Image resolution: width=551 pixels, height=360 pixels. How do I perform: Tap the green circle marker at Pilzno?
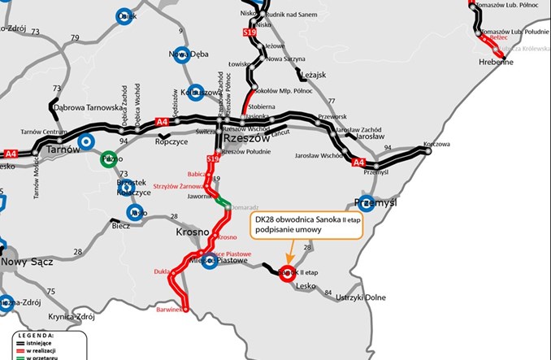pos(107,160)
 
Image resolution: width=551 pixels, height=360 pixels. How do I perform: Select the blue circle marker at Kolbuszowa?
pos(195,92)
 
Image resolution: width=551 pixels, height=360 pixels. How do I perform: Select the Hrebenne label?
pos(496,62)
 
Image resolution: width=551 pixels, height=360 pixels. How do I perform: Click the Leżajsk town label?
pos(313,75)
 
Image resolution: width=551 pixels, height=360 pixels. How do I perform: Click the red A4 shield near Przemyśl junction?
pos(358,163)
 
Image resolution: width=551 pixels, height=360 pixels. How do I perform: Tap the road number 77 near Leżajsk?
pos(331,101)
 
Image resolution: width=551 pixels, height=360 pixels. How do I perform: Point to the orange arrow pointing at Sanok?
pos(292,253)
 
